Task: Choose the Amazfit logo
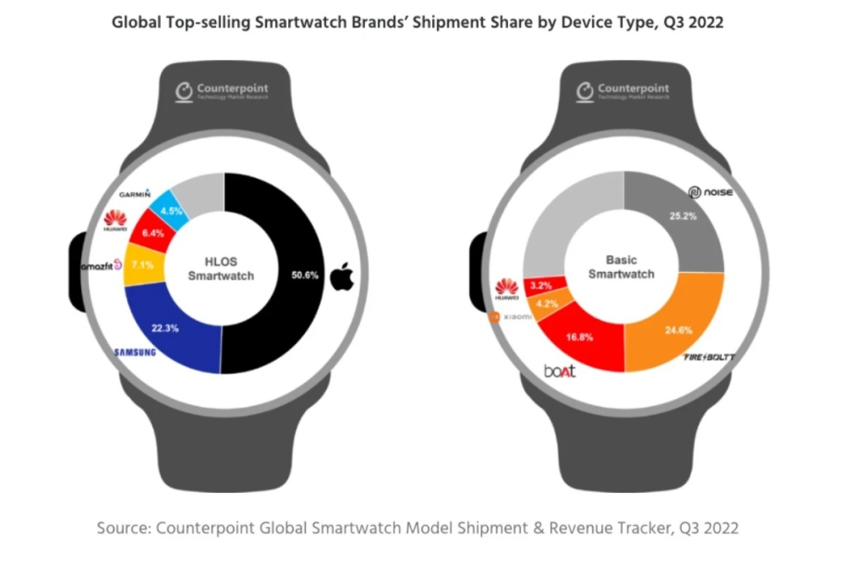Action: [102, 267]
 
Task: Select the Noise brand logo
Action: [711, 193]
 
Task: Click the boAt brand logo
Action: [560, 370]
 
